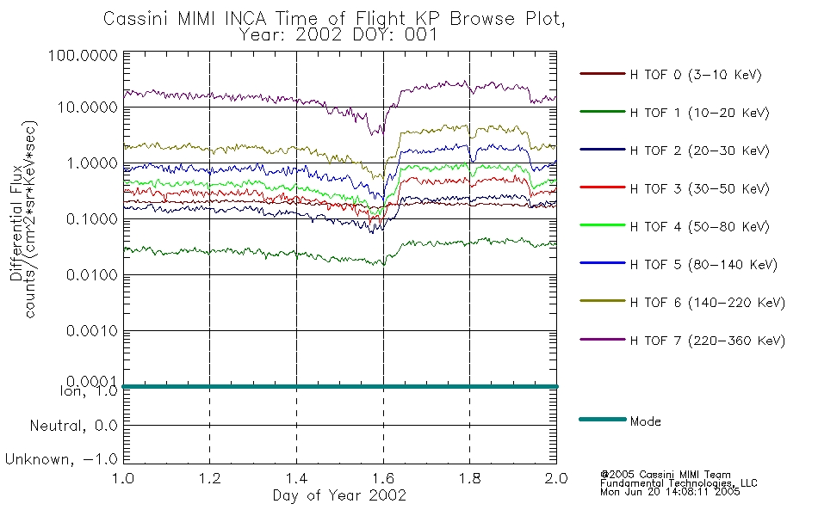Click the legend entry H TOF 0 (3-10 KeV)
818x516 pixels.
[696, 75]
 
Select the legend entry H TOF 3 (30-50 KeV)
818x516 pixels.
[699, 188]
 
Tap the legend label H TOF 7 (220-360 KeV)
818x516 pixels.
[708, 341]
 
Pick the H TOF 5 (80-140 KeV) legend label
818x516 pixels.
[703, 265]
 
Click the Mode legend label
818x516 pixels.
[645, 421]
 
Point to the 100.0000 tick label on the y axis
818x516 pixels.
[83, 55]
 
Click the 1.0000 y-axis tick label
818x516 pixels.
[91, 163]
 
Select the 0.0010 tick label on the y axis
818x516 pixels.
[91, 331]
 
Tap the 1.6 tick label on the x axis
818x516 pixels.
[383, 478]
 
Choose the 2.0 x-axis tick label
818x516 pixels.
[556, 478]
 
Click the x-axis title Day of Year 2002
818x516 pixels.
[339, 495]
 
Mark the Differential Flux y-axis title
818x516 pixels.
[15, 223]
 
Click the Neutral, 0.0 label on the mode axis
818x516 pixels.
[73, 427]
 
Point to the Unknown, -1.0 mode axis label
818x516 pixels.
[61, 460]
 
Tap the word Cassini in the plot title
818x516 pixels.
[137, 19]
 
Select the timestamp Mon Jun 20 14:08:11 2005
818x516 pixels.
[670, 492]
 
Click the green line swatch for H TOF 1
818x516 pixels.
[602, 112]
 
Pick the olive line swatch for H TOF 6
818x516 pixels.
[602, 301]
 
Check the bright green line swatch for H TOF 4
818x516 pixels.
[602, 225]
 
